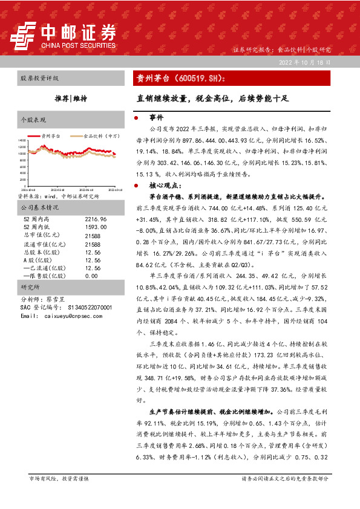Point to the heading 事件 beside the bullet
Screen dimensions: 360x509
[156, 117]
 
